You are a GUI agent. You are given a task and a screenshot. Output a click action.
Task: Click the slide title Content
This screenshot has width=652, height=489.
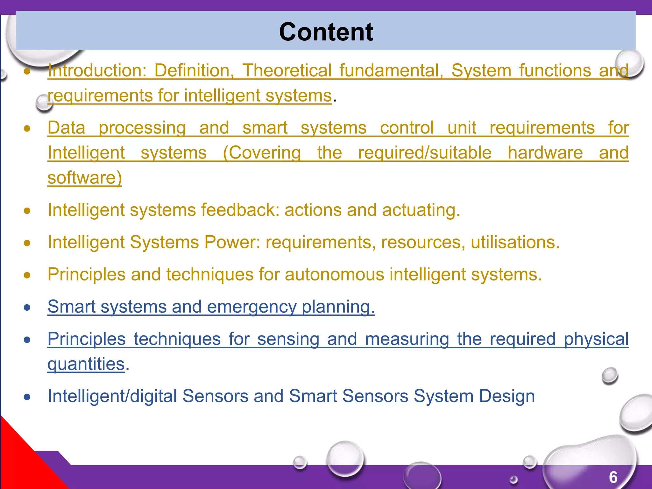(326, 32)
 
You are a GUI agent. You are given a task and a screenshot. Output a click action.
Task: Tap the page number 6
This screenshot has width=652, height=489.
(613, 477)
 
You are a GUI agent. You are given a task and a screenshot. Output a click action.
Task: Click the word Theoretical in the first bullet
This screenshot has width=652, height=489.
(287, 70)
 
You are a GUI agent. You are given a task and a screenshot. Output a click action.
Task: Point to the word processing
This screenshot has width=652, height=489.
(142, 128)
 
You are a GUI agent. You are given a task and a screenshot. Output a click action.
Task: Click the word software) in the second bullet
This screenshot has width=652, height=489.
(85, 178)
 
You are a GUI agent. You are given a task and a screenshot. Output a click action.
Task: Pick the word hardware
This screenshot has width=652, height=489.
(545, 153)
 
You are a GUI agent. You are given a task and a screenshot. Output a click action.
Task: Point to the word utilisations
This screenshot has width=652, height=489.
(515, 242)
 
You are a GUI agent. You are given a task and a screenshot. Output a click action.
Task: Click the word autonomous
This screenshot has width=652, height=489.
(334, 274)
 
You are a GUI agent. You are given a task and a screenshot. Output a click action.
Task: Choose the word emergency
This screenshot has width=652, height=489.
(251, 307)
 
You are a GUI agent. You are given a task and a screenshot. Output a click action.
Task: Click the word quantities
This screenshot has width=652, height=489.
(86, 364)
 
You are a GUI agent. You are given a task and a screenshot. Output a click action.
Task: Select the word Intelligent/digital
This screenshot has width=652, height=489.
(112, 396)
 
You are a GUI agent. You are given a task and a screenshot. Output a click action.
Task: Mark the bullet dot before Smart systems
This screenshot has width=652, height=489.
(27, 308)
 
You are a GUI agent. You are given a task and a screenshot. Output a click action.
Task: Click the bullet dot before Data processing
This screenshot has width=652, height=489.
(27, 129)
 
